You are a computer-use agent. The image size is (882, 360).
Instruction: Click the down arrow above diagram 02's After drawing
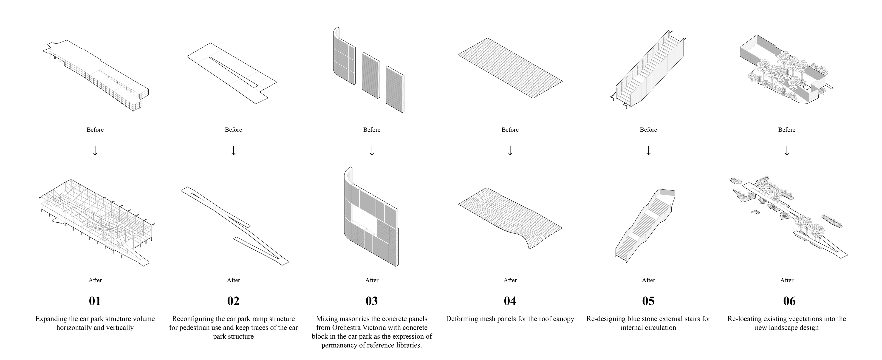pos(234,150)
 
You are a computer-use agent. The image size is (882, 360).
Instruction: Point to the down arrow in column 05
pos(648,150)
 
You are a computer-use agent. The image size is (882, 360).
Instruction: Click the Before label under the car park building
pos(95,130)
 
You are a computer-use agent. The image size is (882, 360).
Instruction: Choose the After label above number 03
pos(371,280)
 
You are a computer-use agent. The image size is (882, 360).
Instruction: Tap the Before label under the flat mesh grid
pos(510,130)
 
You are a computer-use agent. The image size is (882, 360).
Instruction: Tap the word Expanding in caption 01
pos(52,319)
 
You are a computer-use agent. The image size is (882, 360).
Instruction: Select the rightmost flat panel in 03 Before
pos(395,89)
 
